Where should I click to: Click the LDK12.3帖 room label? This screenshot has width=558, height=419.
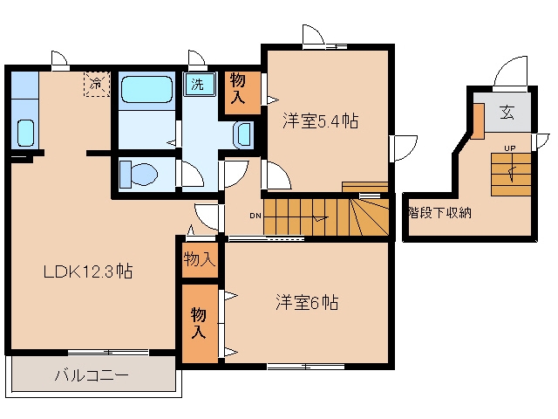tap(88, 271)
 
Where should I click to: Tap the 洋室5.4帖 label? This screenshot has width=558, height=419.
tap(320, 120)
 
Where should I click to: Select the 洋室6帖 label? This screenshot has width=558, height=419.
tap(307, 303)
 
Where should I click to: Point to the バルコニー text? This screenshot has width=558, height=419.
tap(92, 375)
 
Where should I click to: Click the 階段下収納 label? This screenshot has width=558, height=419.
tap(439, 213)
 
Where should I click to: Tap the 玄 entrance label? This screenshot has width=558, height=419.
tap(507, 113)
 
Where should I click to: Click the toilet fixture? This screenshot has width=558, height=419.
tap(139, 175)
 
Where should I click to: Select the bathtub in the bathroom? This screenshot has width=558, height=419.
tap(146, 89)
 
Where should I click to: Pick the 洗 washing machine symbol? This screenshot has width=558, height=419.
tap(199, 84)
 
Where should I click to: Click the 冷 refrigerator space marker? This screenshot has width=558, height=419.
tap(96, 84)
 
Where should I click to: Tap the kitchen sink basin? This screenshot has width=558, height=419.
tap(25, 133)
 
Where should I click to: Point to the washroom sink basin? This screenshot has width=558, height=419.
tap(244, 135)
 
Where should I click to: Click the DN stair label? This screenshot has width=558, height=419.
tap(255, 216)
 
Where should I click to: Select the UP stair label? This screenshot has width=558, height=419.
tap(509, 148)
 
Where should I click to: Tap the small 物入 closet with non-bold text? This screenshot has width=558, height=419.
tap(200, 259)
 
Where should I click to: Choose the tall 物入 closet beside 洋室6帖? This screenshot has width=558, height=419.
tap(200, 324)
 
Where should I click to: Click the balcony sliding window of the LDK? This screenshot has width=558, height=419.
tap(108, 353)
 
